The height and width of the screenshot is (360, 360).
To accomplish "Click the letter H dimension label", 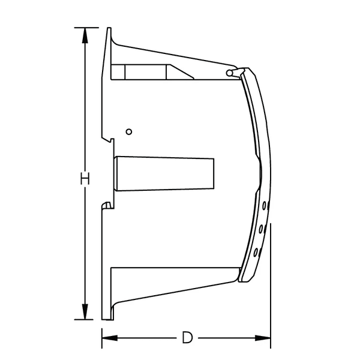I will coord(85,178).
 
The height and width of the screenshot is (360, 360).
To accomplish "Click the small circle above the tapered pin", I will coord(128,131).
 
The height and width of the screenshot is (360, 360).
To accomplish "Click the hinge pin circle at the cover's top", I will coord(230,72).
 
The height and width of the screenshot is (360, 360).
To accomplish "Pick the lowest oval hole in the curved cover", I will coord(257,251).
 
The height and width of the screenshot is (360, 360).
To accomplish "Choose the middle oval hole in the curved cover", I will coord(262,229).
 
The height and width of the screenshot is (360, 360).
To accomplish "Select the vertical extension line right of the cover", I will coord(271,276).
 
